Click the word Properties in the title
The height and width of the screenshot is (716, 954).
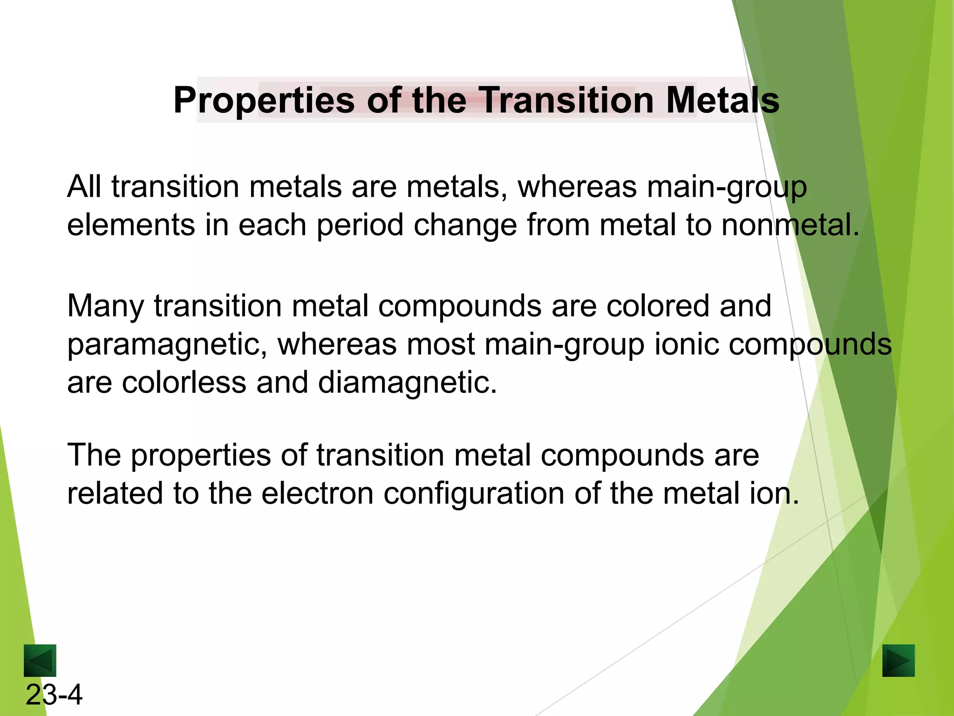coord(264,101)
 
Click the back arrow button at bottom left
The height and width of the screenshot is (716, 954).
coord(40,660)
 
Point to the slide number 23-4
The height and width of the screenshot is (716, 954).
coord(54,695)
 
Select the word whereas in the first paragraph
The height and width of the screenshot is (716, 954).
coord(577,187)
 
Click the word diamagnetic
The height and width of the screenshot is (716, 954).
coord(407,383)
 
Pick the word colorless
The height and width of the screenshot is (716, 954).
coord(184,383)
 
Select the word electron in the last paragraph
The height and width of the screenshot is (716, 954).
coord(317,494)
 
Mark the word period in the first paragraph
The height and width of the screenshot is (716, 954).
coord(360,226)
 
